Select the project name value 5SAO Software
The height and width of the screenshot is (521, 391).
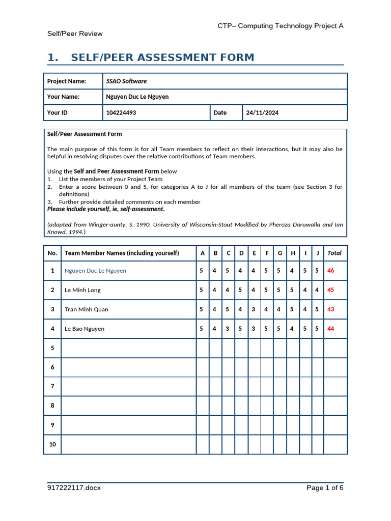[126, 81]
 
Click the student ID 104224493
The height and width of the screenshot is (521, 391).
[121, 112]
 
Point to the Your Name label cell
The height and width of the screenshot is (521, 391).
[63, 97]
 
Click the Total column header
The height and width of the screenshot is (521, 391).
[334, 253]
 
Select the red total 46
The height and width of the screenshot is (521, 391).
[331, 271]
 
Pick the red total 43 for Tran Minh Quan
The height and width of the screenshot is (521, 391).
[331, 309]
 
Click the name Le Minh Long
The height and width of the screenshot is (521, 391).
[82, 290]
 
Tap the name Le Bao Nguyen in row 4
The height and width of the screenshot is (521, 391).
[85, 329]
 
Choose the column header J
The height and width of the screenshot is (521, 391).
[317, 253]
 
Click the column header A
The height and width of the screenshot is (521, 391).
[202, 253]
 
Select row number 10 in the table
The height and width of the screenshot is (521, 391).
[52, 444]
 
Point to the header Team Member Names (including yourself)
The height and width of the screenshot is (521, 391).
[122, 253]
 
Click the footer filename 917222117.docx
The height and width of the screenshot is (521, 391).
[74, 488]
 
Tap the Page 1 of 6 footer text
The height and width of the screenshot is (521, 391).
[325, 488]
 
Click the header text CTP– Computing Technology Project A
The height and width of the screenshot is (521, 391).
[281, 25]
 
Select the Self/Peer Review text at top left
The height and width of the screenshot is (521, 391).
[75, 34]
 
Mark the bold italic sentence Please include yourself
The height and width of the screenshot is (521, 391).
[106, 209]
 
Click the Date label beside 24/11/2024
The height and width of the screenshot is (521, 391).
[220, 112]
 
